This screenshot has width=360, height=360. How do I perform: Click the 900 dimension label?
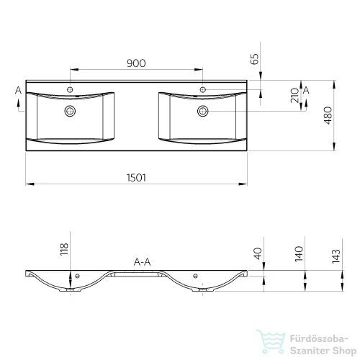click(x=136, y=63)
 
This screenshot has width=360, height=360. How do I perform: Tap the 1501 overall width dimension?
click(x=136, y=178)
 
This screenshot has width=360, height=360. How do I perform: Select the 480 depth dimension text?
click(x=328, y=115)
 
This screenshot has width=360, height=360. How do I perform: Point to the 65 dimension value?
click(x=254, y=59)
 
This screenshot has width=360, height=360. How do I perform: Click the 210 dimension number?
click(x=294, y=96)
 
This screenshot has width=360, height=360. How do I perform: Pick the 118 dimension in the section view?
click(x=64, y=249)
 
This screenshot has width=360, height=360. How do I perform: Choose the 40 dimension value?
click(x=258, y=253)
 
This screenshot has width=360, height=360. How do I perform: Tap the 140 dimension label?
click(x=299, y=253)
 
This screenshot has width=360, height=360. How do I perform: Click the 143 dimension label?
click(x=336, y=256)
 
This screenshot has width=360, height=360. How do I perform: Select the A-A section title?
click(x=142, y=262)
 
